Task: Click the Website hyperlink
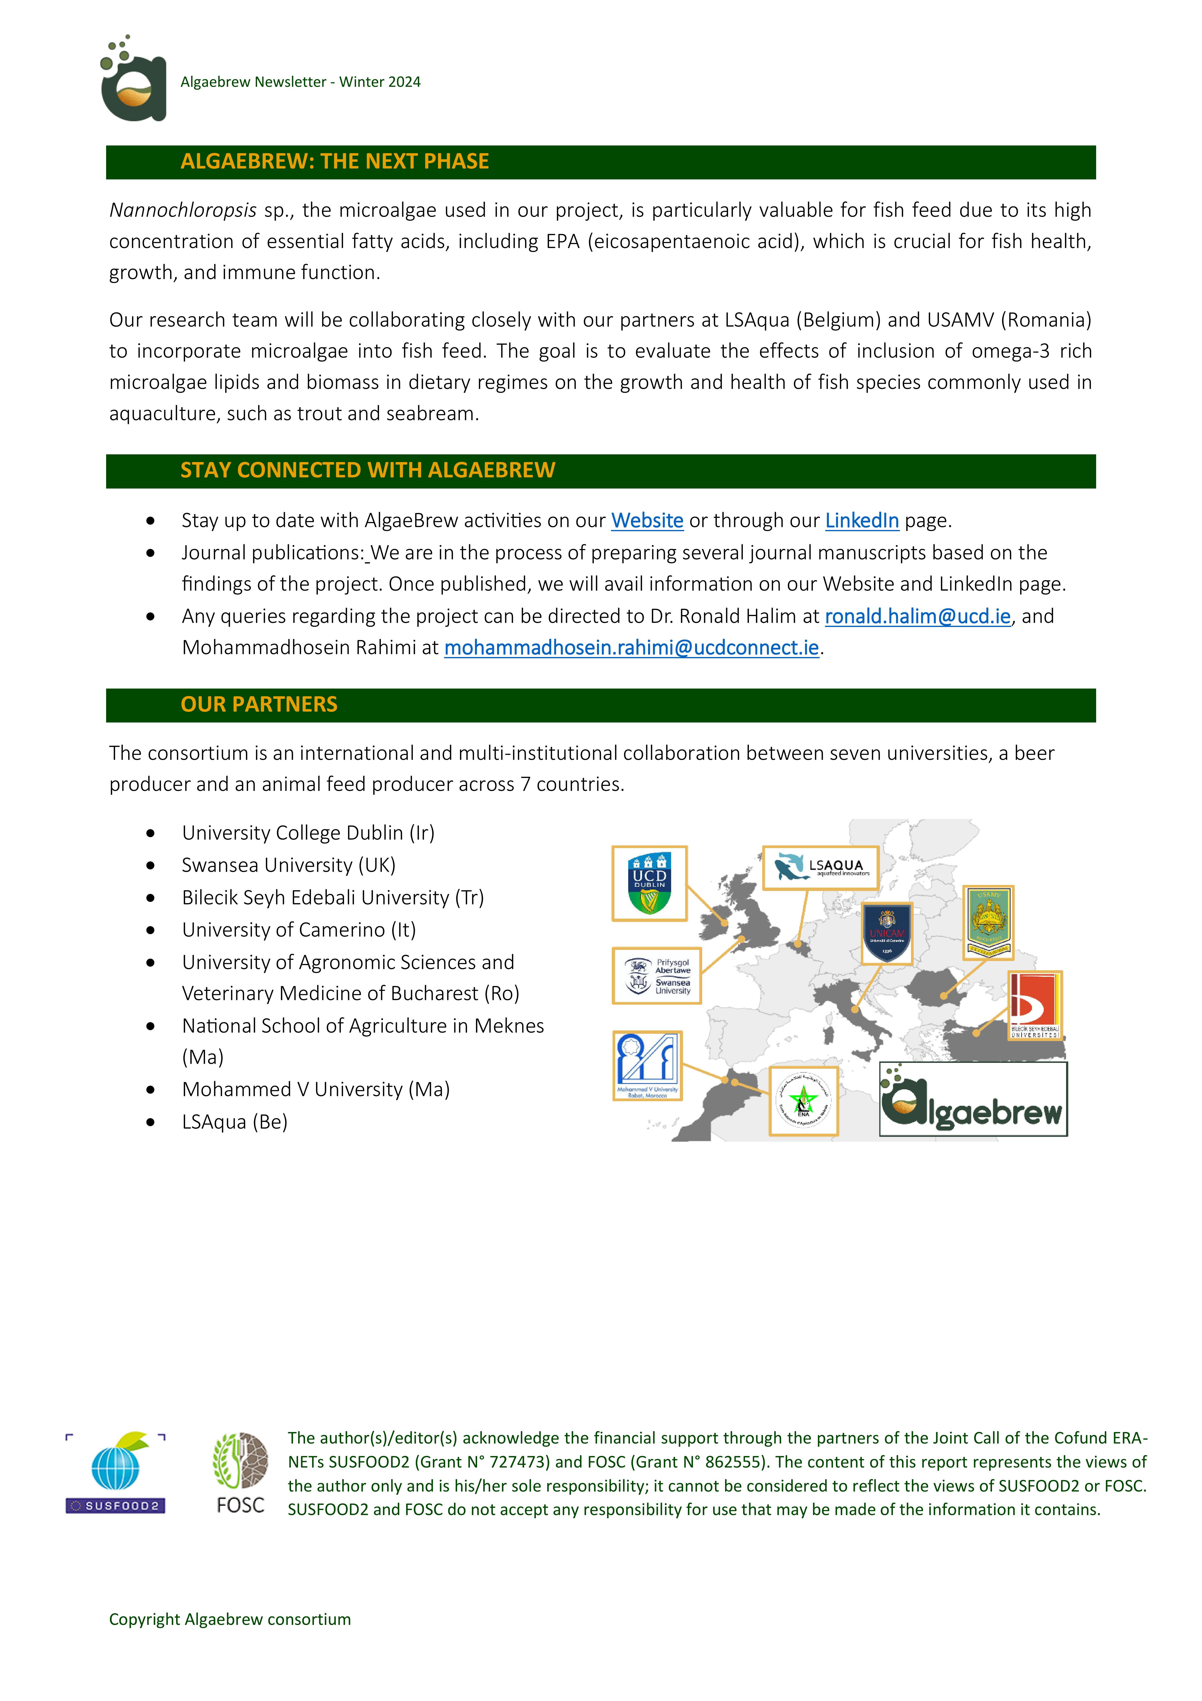point(646,521)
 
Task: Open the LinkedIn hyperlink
point(861,521)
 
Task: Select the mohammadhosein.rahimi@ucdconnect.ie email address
point(631,648)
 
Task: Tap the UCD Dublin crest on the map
point(649,883)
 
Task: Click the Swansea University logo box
point(656,976)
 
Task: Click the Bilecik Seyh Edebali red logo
point(1035,1005)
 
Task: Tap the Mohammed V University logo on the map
point(647,1065)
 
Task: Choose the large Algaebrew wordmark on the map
point(972,1099)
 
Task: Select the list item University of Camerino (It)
point(299,930)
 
